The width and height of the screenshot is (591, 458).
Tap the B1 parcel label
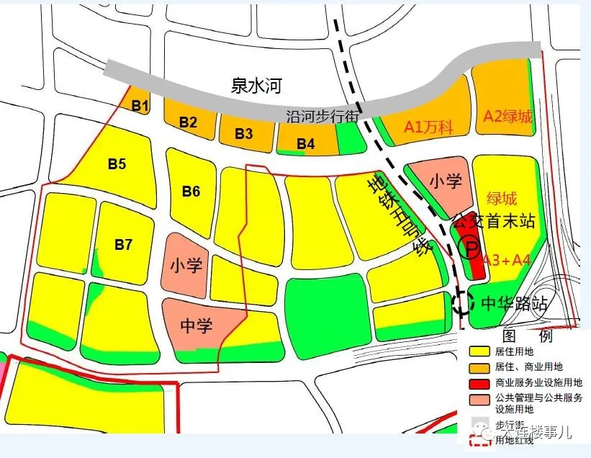click(x=140, y=107)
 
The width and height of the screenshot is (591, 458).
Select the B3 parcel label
click(x=244, y=133)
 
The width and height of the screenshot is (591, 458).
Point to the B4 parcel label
click(x=306, y=143)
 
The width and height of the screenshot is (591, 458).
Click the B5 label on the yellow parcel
click(x=117, y=164)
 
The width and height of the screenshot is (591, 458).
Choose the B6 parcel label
click(x=191, y=191)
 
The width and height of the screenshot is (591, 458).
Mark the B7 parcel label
click(x=123, y=245)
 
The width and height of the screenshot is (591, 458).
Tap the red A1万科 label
click(x=428, y=127)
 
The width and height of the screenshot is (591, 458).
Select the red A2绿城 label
click(x=507, y=116)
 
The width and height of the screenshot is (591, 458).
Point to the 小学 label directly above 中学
click(x=186, y=265)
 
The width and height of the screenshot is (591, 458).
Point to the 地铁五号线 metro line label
click(x=398, y=216)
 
